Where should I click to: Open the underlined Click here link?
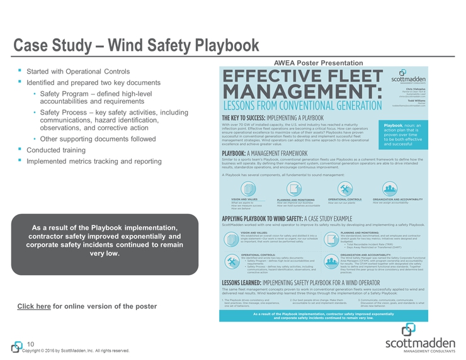tap(34, 307)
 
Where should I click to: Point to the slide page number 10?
tap(30, 343)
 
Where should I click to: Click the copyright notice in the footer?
tap(76, 351)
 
